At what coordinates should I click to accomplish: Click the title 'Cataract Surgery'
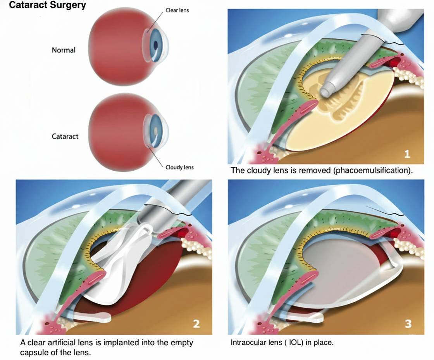coord(47,6)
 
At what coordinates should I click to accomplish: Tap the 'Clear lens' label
coord(177,10)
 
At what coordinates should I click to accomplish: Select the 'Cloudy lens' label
coord(179,168)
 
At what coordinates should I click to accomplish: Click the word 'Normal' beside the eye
coord(64,50)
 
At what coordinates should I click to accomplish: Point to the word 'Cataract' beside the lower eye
coord(65,137)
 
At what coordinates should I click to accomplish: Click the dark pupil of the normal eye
coord(156,45)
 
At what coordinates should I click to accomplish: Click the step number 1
coord(407,154)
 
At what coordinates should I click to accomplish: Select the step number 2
coord(196,324)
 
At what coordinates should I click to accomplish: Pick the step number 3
coord(408,324)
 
